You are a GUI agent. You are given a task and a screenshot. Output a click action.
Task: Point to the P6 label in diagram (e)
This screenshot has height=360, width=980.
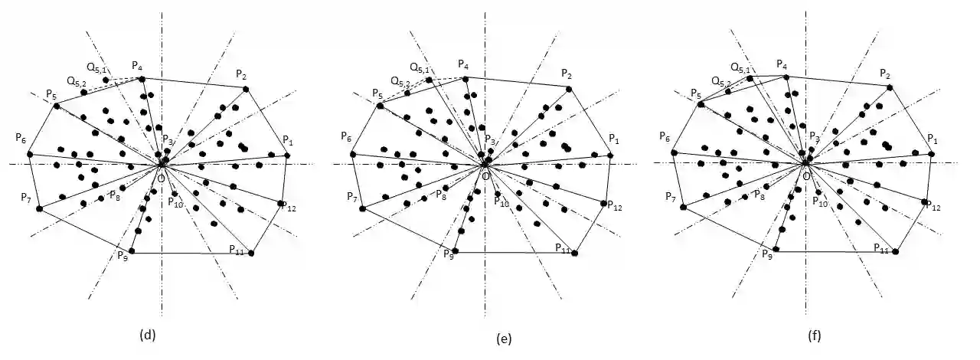[x=347, y=138]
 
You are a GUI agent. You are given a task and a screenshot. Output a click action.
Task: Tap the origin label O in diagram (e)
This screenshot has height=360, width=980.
[x=486, y=176]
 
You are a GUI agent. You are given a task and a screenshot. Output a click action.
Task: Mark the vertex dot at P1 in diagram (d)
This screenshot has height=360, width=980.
[x=287, y=155]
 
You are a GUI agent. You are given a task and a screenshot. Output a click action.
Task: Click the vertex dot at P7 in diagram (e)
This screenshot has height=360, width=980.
[x=361, y=208]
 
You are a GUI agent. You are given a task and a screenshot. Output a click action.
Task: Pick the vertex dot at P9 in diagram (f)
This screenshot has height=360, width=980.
[x=777, y=250]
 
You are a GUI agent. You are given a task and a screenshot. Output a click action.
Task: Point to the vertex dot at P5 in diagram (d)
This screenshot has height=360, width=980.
[x=56, y=105]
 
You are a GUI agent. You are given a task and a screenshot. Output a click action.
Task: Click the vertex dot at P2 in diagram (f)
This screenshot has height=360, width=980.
[x=890, y=87]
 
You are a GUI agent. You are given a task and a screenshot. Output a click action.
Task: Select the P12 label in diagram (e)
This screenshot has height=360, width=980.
[x=613, y=206]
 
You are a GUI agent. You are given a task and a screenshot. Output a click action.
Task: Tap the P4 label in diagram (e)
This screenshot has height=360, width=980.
[x=463, y=65]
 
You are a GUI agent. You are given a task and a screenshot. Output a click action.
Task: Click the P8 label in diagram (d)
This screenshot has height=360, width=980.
[x=114, y=195]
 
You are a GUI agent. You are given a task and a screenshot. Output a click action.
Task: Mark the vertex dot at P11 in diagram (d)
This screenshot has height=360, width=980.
[x=251, y=253]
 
